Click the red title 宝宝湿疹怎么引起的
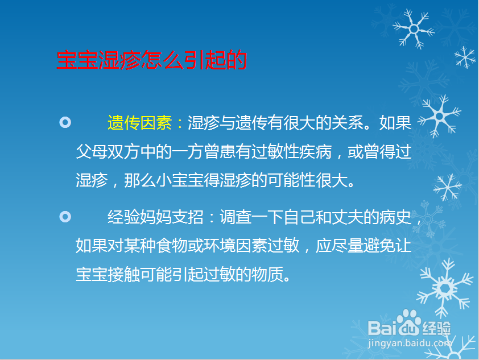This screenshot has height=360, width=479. coord(152,60)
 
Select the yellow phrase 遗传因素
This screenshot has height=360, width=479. coord(139,123)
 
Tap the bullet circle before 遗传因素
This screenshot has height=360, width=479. coord(65,122)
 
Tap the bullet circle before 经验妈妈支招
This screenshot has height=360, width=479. coord(65,217)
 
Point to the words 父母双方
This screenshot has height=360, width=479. coord(108,151)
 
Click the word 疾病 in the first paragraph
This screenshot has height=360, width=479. coord(316,151)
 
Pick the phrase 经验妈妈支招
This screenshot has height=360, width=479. coord(155,217)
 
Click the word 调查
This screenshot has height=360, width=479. coord(236,217)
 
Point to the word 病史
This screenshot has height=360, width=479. coord(395,217)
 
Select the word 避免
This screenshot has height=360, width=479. coord(379,246)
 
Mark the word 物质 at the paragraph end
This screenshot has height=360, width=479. coord(267,274)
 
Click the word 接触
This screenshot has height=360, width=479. coord(123,274)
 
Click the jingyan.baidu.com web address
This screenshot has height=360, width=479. coord(410,343)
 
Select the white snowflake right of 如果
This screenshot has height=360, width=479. coord(439,116)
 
